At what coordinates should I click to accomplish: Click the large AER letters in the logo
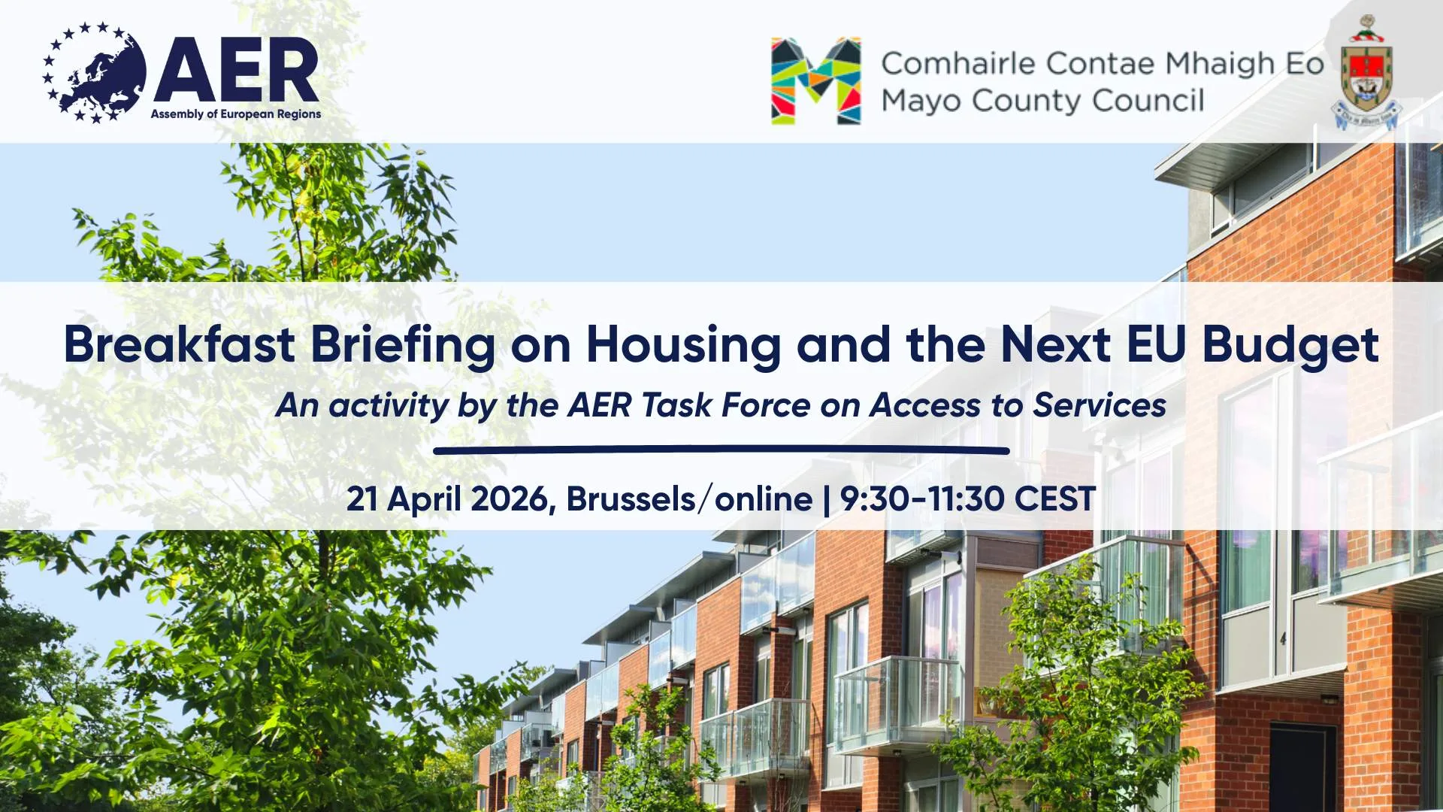tap(237, 69)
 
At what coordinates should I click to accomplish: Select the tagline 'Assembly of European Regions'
tap(236, 114)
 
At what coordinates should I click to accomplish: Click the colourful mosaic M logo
tap(816, 80)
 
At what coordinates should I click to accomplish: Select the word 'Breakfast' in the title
tap(180, 344)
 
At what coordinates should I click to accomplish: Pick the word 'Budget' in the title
tap(1290, 346)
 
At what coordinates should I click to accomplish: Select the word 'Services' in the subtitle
tap(1100, 405)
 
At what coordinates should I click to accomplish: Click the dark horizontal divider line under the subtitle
tap(721, 450)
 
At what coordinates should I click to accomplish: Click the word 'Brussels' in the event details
tap(631, 498)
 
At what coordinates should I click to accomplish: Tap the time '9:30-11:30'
tap(922, 498)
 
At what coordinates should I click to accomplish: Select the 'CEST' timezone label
tap(1055, 498)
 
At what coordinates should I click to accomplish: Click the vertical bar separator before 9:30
tap(827, 500)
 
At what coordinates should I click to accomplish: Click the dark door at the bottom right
tap(1302, 767)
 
